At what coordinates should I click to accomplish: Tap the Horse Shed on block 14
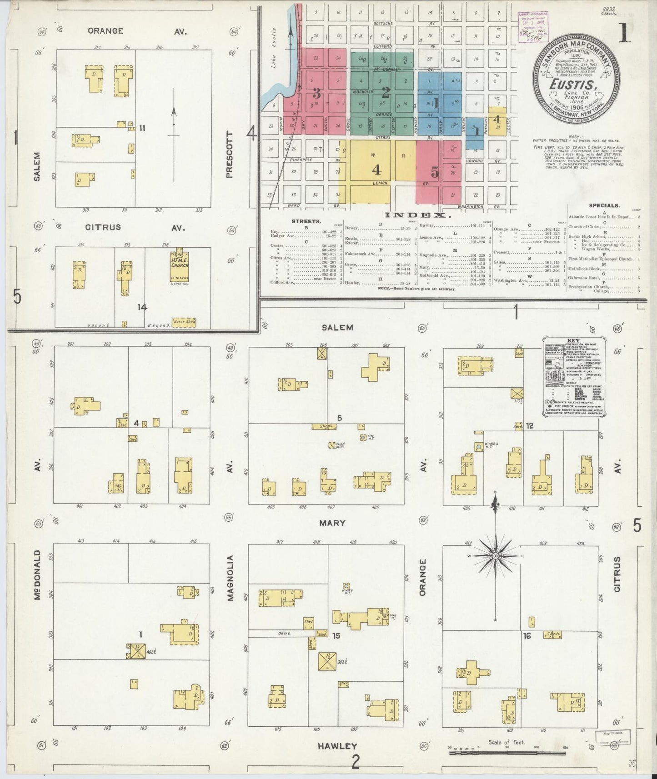point(184,321)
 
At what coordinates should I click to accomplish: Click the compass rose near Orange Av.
point(496,555)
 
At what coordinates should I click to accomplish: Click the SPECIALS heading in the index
point(604,205)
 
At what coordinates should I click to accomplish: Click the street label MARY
point(332,523)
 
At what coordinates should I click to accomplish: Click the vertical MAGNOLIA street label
point(231,578)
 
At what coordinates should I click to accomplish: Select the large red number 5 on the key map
point(435,173)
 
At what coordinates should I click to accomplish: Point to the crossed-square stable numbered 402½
point(135,651)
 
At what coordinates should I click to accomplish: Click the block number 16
point(527,636)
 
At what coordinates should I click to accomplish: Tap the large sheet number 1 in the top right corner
point(624,33)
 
